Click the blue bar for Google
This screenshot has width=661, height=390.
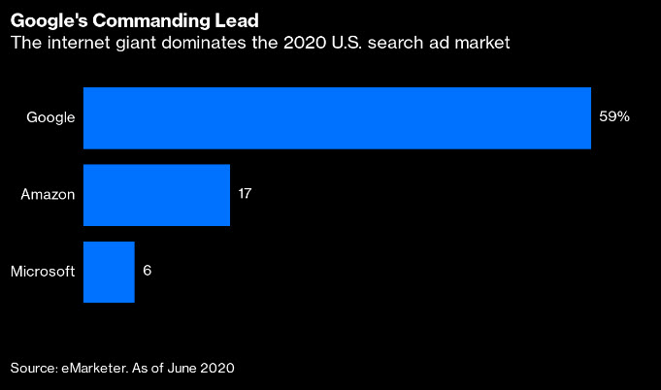coord(337,117)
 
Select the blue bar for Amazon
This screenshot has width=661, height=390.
coord(156,194)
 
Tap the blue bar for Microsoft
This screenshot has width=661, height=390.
coord(109,271)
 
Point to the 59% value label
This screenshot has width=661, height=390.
coord(614,117)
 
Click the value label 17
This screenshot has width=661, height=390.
coord(245,194)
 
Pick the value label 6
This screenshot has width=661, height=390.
coord(147,271)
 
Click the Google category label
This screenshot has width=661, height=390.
coord(51,117)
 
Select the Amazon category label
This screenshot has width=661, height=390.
coord(48,194)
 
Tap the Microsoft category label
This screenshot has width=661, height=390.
coord(43,271)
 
